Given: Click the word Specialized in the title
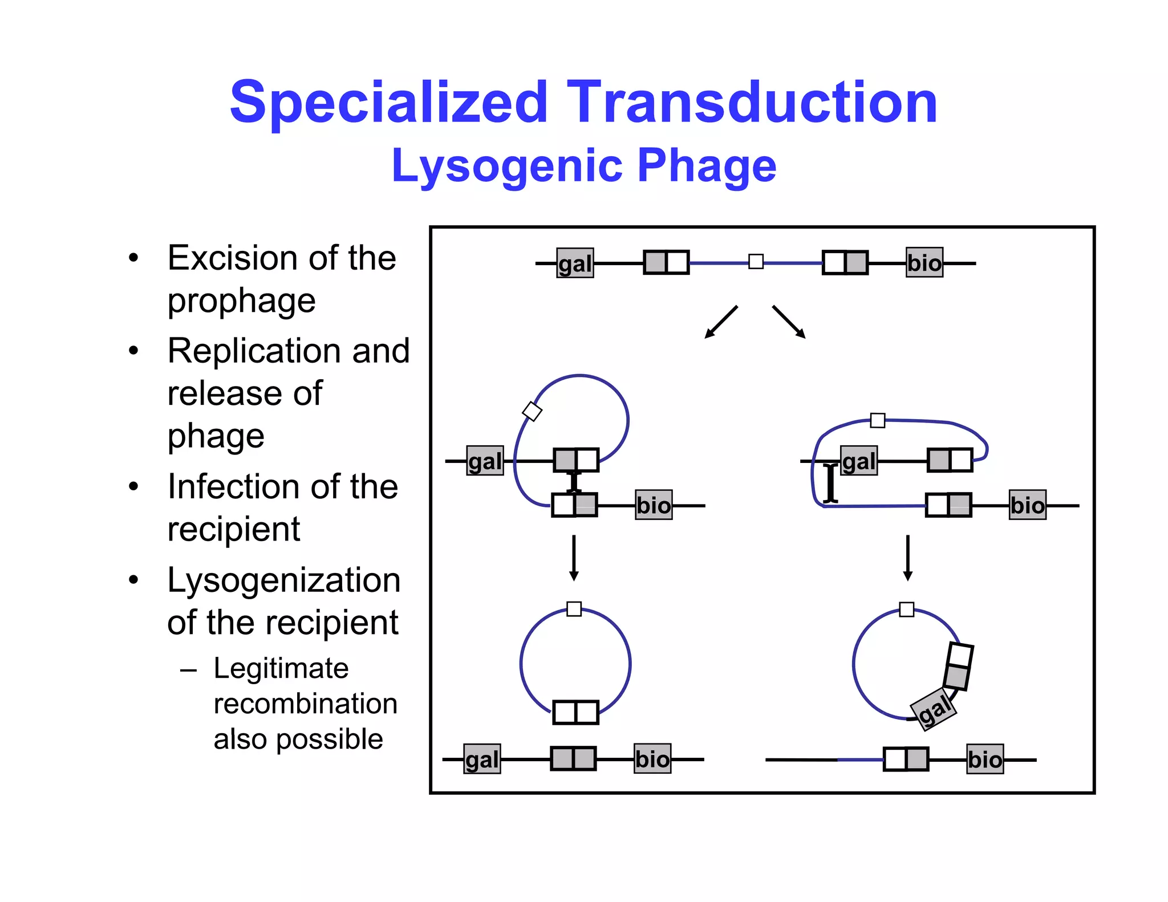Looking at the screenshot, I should [x=388, y=103].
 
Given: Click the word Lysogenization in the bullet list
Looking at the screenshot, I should [x=283, y=580].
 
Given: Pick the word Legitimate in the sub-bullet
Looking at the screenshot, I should [x=281, y=668].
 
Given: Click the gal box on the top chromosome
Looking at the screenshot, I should [x=575, y=263].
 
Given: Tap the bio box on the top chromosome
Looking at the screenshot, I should [x=924, y=263].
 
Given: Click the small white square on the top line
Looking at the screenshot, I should [x=756, y=262].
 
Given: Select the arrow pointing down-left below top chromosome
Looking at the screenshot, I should [x=721, y=322].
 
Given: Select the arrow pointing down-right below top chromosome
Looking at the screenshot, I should [x=789, y=322].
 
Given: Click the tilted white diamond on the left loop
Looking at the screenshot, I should [x=532, y=411].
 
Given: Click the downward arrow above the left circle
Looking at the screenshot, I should [x=574, y=558].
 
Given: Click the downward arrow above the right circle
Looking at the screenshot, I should [x=908, y=558].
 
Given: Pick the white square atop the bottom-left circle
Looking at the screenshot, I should [x=574, y=609].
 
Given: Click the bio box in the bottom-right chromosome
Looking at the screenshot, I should [x=985, y=759].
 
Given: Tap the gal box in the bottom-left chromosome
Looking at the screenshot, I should [x=482, y=759].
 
